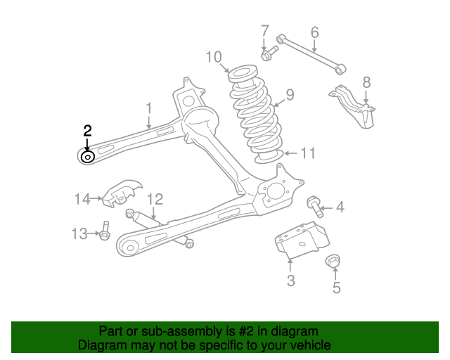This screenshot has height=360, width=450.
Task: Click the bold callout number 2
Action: (87, 130)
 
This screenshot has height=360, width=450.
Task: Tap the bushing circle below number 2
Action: (87, 157)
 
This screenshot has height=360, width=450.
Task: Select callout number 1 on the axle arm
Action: (149, 107)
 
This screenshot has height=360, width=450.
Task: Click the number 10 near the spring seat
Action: (214, 56)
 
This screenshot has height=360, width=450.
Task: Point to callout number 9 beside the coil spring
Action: (289, 95)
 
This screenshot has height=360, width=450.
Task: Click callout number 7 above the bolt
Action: (264, 31)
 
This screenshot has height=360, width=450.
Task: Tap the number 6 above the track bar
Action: (314, 32)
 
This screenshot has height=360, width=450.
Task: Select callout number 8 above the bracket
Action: (366, 82)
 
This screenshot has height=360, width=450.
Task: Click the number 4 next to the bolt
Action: (340, 207)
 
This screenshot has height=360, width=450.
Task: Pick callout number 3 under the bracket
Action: (290, 282)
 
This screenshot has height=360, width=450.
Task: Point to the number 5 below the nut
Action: (336, 287)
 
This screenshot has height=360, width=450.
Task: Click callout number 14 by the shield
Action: (83, 199)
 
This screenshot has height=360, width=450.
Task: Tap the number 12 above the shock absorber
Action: (155, 199)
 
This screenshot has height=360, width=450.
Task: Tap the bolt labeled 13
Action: (105, 231)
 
